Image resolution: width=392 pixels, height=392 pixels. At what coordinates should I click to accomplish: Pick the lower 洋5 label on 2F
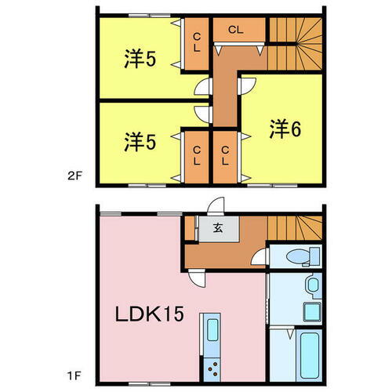[140, 143]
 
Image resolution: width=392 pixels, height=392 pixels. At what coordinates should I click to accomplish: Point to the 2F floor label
[75, 177]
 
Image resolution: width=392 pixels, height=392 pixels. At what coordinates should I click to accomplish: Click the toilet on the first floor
[302, 256]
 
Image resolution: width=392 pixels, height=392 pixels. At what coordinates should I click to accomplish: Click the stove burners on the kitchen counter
[212, 368]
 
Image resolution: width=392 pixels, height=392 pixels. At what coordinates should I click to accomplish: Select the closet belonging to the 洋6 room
[227, 155]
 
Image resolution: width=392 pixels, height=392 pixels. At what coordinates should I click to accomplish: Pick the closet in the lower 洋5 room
[194, 155]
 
